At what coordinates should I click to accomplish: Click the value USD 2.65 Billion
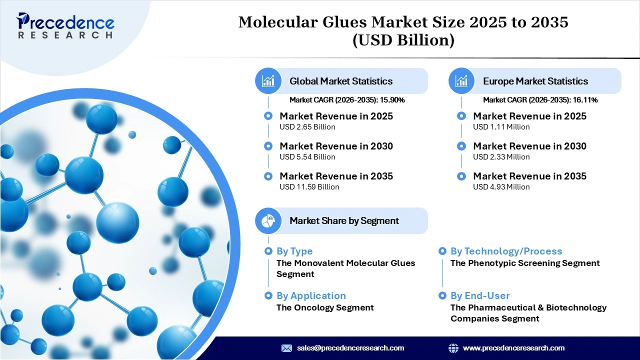click(307, 127)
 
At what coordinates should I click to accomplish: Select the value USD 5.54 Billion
click(307, 157)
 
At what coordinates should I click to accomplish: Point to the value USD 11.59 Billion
click(309, 187)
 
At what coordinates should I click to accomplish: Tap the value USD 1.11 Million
click(501, 127)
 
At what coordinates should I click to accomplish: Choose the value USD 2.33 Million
click(501, 157)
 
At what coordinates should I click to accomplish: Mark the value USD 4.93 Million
click(501, 187)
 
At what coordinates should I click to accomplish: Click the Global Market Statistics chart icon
click(268, 81)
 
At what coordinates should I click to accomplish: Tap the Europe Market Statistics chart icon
click(461, 81)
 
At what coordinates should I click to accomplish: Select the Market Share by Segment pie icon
click(268, 220)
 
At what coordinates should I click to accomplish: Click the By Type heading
click(294, 251)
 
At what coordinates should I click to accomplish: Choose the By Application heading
click(311, 296)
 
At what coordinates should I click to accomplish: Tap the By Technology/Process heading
click(506, 251)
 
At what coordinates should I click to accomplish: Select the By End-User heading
click(480, 296)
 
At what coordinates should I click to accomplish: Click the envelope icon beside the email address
click(286, 348)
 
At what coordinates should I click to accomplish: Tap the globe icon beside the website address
click(453, 348)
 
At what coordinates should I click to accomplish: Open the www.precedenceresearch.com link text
click(513, 348)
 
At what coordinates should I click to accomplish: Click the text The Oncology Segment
click(325, 307)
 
